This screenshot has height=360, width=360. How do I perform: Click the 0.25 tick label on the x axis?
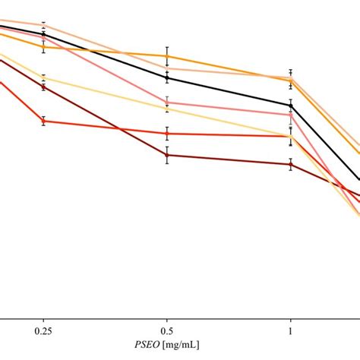pos(43,332)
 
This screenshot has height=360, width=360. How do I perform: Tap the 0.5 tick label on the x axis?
pos(166,332)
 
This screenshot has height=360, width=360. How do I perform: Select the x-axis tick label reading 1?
pos(290,332)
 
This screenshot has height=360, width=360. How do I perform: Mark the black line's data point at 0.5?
pos(166,77)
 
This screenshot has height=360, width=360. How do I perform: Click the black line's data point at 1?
pos(290,106)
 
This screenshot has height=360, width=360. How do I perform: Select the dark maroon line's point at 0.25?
pos(43,87)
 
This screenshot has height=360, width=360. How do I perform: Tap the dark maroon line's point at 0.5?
pos(166,156)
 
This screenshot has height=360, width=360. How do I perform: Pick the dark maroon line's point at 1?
pos(290,164)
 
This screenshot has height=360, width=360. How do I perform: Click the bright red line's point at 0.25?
pos(43,120)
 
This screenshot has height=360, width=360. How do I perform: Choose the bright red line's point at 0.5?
pos(166,134)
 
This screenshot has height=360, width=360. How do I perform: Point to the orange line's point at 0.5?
pos(166,55)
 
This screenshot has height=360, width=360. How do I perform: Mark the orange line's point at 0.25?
pos(43,47)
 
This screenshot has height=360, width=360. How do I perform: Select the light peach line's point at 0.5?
pos(166,68)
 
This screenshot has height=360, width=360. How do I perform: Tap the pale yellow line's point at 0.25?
pos(43,77)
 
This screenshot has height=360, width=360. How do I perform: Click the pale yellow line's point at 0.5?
pos(166,109)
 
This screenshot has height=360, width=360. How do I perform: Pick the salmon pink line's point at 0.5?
pos(166,102)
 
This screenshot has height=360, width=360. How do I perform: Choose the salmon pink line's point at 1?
pos(290,115)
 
